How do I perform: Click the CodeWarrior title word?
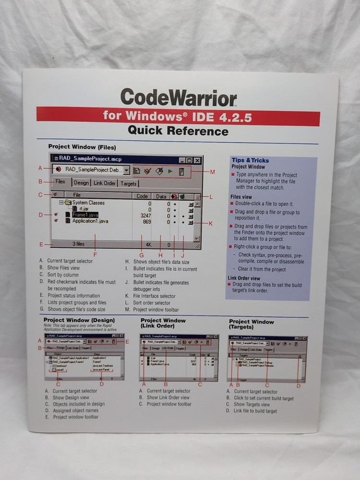pyautogui.click(x=179, y=97)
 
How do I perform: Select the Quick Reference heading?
pyautogui.click(x=178, y=131)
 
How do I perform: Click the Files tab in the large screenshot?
pyautogui.click(x=60, y=182)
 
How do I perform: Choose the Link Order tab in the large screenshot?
pyautogui.click(x=104, y=183)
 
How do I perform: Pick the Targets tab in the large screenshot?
pyautogui.click(x=128, y=183)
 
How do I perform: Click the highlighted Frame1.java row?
pyautogui.click(x=85, y=215)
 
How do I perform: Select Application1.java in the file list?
pyautogui.click(x=90, y=221)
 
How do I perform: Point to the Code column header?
pyautogui.click(x=142, y=196)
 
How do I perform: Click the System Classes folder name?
pyautogui.click(x=88, y=203)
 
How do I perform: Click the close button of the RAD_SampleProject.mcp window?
pyautogui.click(x=197, y=160)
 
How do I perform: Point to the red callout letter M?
pyautogui.click(x=212, y=172)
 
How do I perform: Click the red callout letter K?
pyautogui.click(x=210, y=223)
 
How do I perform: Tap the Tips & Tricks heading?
pyautogui.click(x=250, y=160)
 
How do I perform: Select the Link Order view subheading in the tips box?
pyautogui.click(x=244, y=278)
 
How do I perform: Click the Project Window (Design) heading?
pyautogui.click(x=79, y=320)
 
